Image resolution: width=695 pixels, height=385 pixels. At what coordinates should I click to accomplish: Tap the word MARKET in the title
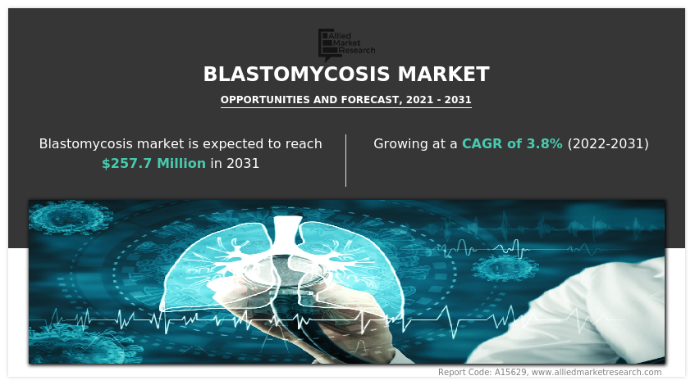click(443, 75)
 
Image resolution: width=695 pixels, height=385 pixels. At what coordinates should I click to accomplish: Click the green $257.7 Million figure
click(153, 163)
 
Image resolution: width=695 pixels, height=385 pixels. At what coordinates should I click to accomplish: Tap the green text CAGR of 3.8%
click(512, 143)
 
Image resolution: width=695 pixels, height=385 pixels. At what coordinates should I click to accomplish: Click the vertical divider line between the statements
click(346, 160)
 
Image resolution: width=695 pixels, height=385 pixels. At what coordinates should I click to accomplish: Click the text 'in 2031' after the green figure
click(235, 163)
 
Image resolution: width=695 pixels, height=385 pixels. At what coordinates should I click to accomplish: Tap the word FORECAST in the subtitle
click(366, 100)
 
